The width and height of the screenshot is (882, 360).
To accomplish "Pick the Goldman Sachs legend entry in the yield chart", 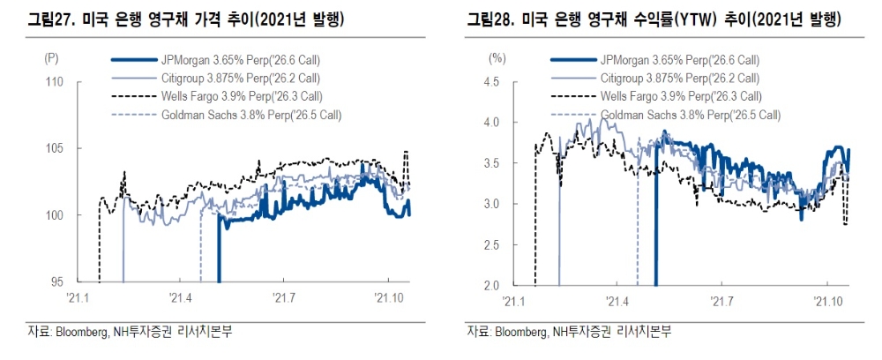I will (691, 115).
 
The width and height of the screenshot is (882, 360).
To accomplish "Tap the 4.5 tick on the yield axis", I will (495, 82).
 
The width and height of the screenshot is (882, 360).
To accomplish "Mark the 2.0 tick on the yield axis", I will (495, 285).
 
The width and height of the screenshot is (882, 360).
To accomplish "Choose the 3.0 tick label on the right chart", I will (495, 204).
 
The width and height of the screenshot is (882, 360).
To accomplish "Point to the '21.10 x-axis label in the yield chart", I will (827, 301).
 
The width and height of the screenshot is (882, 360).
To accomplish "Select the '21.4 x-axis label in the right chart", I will (618, 301).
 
